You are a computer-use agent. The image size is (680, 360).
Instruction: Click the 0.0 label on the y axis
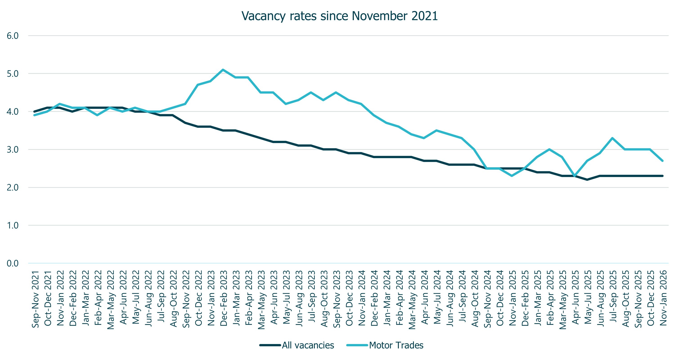(13, 263)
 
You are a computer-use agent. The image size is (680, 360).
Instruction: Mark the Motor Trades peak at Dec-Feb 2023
(223, 70)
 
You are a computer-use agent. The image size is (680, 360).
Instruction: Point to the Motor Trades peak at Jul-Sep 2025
(613, 138)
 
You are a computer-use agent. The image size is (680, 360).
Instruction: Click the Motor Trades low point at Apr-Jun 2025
(575, 176)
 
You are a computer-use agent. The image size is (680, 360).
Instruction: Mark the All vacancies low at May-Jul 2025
(587, 180)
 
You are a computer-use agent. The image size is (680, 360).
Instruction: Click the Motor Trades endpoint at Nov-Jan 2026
(663, 161)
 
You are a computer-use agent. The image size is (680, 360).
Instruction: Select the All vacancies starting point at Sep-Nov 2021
(35, 112)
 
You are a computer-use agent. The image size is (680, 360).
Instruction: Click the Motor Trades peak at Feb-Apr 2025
(550, 149)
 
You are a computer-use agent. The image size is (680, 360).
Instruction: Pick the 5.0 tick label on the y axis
(13, 74)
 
